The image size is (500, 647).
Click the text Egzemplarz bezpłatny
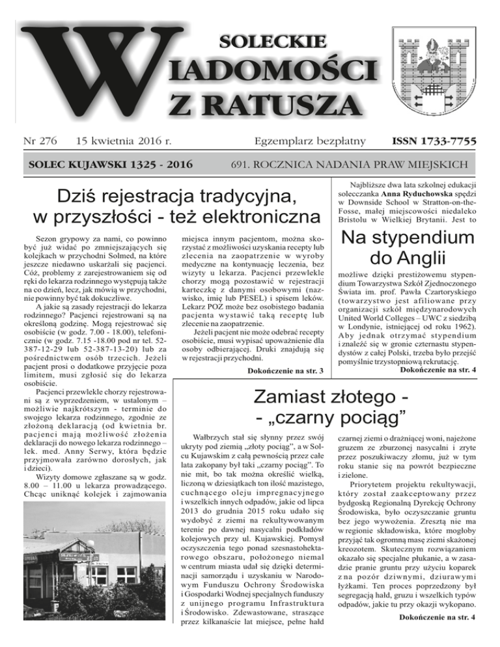click(314, 140)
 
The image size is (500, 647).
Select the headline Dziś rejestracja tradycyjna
click(171, 197)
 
